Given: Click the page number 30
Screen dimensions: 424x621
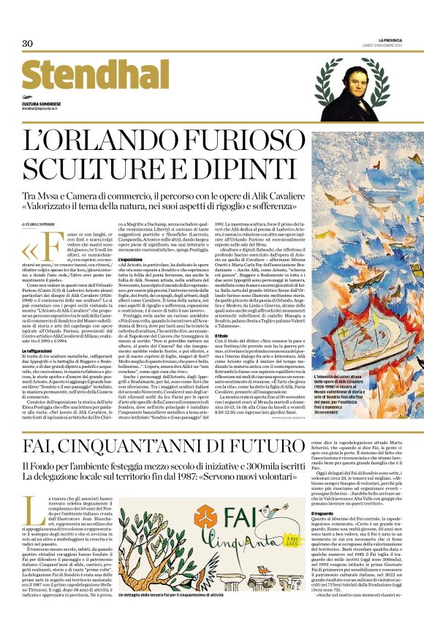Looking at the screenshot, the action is point(28,44).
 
